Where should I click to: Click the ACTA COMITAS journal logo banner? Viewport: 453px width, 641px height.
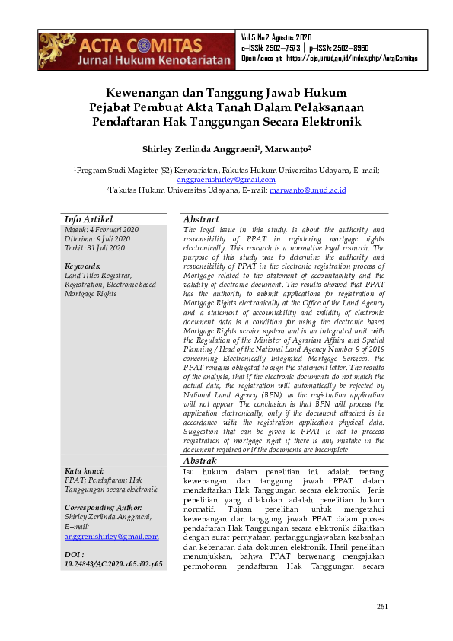[x=136, y=51]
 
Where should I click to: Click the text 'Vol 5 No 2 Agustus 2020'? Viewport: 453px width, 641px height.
[x=276, y=37]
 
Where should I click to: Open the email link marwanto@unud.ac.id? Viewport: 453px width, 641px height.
[x=308, y=190]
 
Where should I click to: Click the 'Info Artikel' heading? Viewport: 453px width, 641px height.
[x=88, y=219]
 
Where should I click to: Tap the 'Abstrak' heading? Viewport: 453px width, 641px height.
[x=200, y=461]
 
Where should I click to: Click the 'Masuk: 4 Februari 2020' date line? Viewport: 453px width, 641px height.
[x=101, y=229]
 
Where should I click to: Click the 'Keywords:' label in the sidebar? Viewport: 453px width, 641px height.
[x=83, y=266]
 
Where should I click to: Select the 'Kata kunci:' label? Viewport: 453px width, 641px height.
[x=85, y=471]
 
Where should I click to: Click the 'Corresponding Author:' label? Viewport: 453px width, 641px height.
[x=104, y=507]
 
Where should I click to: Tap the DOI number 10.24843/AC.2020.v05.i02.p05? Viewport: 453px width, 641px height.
[x=113, y=564]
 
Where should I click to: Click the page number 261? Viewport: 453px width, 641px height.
[x=382, y=606]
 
